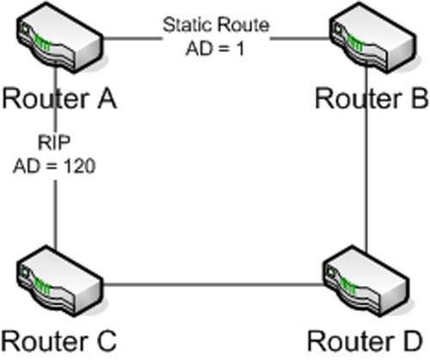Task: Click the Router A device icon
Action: tap(60, 37)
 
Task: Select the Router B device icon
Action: tap(372, 37)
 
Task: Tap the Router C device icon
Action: tap(60, 281)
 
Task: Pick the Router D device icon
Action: tap(366, 281)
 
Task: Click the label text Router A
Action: tap(59, 99)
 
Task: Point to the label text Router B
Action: tap(372, 99)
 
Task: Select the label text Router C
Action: tap(59, 341)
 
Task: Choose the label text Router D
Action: tap(365, 341)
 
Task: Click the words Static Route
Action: tap(216, 25)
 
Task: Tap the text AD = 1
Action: tap(215, 48)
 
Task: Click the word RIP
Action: tap(54, 143)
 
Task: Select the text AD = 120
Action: tap(54, 166)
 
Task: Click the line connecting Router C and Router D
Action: tap(213, 284)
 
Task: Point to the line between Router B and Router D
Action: tap(366, 159)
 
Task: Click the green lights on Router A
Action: tap(42, 43)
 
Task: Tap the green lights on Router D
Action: tap(348, 287)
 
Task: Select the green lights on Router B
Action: tap(355, 43)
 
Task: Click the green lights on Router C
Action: tap(42, 287)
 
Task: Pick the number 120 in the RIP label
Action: tap(79, 166)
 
